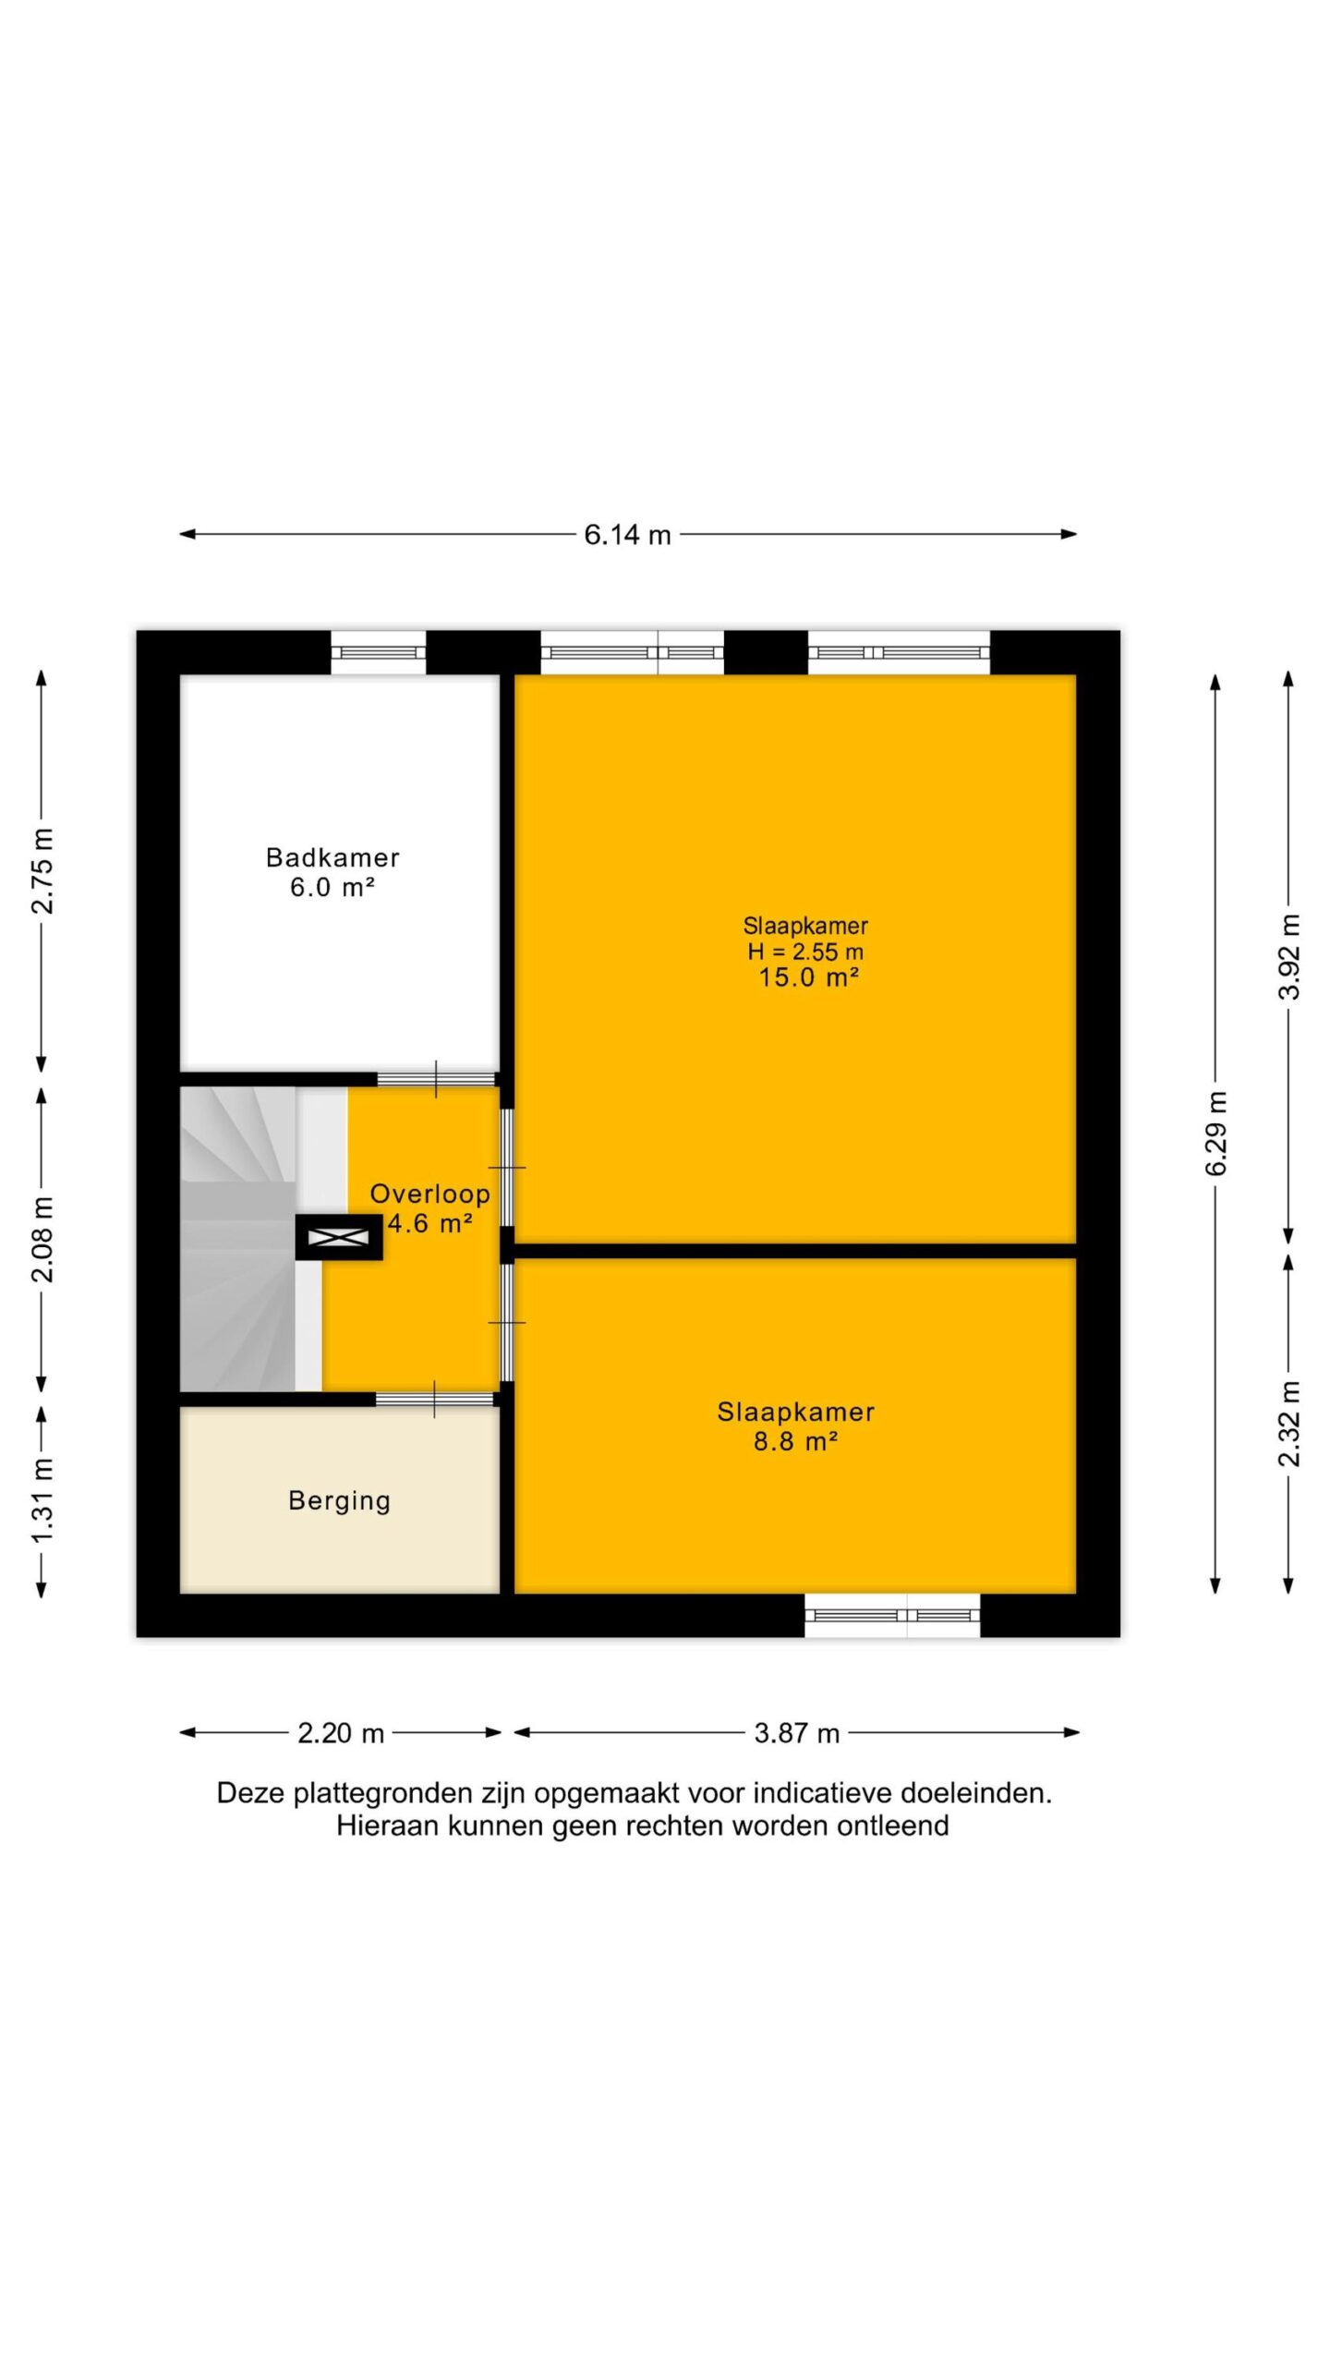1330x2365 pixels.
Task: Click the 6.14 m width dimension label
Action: (627, 535)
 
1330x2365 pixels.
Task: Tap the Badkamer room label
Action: (332, 857)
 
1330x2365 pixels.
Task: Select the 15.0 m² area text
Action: (809, 977)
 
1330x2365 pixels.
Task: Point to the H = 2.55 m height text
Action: (805, 952)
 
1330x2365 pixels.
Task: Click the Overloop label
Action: (429, 1194)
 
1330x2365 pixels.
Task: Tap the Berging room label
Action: (339, 1501)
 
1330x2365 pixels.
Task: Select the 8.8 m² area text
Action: (795, 1441)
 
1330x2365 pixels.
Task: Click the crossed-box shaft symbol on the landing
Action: (338, 1237)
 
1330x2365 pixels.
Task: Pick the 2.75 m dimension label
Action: (42, 871)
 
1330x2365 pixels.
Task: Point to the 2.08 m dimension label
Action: (42, 1240)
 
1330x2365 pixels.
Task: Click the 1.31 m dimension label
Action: (42, 1499)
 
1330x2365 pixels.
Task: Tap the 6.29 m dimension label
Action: (1216, 1133)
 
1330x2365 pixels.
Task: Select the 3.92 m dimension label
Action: (1288, 957)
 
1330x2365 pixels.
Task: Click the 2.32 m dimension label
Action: (1288, 1424)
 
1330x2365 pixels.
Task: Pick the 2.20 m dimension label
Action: (340, 1733)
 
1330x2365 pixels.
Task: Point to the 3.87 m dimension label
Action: (796, 1733)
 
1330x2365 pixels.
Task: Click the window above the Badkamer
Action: (379, 652)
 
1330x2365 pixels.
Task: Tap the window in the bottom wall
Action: (892, 1615)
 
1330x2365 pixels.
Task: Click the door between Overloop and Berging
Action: (435, 1399)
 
